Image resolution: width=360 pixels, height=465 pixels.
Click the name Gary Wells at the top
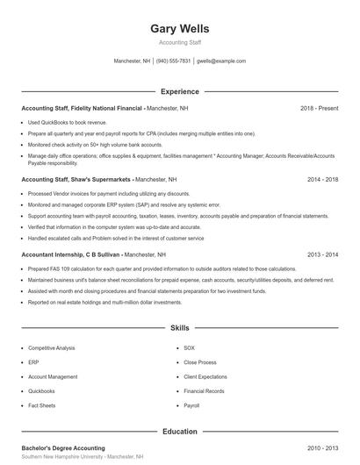pos(180,28)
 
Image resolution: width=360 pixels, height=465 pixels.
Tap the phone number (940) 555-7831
pos(174,61)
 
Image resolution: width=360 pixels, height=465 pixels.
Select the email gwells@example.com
pos(221,61)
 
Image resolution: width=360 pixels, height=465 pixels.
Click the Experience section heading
pos(180,91)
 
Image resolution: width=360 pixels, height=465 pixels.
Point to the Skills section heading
pos(180,327)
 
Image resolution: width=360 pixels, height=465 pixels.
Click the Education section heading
pos(180,432)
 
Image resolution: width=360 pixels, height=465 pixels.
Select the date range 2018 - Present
pos(319,108)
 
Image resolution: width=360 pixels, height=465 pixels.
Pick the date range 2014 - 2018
pos(322,179)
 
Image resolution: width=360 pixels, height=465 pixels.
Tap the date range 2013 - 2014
pos(322,254)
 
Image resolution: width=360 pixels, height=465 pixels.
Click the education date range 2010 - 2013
pos(322,447)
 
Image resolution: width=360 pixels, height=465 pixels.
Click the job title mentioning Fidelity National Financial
pos(82,108)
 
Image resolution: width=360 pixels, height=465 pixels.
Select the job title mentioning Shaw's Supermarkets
pos(76,179)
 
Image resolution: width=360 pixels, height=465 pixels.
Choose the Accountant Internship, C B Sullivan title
pos(70,254)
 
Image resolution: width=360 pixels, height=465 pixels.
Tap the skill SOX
pos(190,347)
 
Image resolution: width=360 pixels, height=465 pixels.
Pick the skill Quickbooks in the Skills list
pos(41,391)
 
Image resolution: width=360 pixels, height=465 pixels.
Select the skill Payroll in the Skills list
pos(192,406)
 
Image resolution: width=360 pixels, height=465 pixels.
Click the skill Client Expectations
pos(205,376)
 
